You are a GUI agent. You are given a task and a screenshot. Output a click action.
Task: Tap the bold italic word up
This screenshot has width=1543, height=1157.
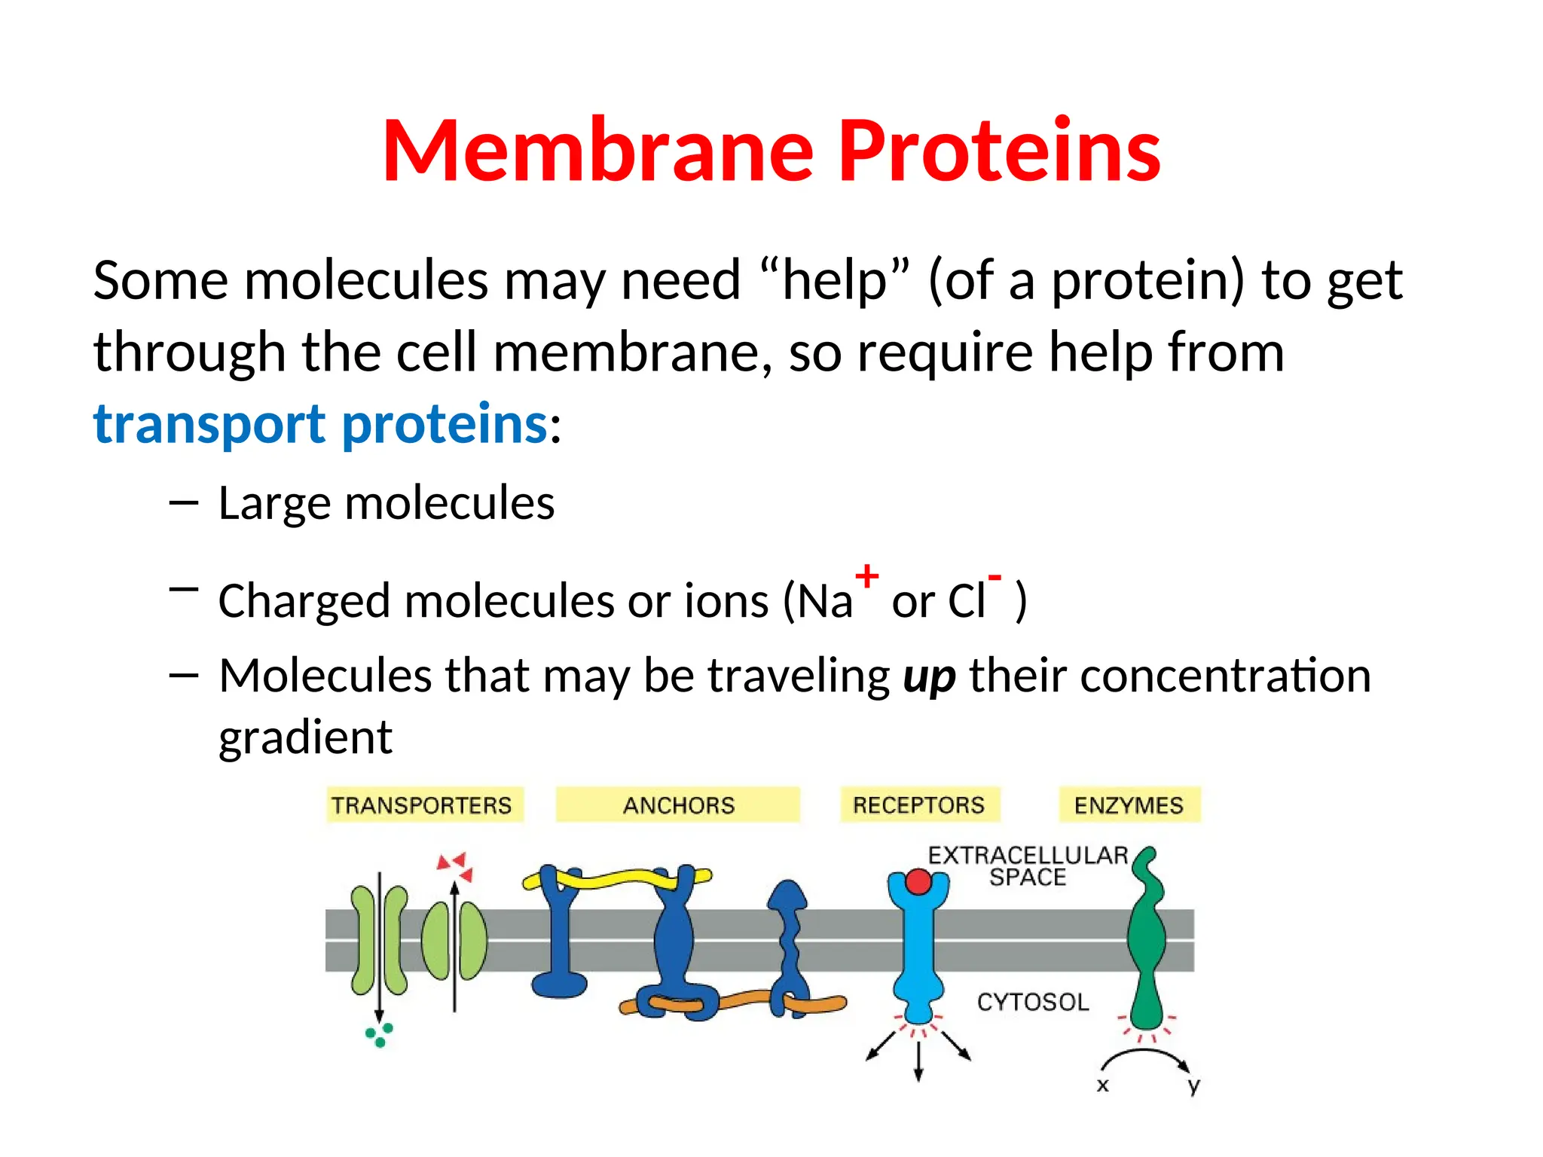point(929,676)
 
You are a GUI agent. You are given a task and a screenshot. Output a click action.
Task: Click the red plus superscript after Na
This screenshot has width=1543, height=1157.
point(866,575)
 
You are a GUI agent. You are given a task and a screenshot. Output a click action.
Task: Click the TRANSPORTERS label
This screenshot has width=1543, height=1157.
point(422,805)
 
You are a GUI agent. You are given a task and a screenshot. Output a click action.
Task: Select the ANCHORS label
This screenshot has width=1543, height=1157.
point(678,805)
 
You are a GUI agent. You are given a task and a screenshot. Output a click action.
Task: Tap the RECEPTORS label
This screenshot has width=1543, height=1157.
point(918,804)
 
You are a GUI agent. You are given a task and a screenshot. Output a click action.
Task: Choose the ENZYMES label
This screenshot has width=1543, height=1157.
point(1129,805)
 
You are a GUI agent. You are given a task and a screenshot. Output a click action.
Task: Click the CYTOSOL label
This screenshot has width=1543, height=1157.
point(1033,1002)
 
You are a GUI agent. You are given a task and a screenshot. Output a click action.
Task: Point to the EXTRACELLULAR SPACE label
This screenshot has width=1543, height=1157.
point(1028,866)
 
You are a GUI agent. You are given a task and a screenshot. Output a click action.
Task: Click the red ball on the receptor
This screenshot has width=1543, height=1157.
point(918,881)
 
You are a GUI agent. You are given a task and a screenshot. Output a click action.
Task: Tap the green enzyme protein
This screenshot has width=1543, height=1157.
point(1146,942)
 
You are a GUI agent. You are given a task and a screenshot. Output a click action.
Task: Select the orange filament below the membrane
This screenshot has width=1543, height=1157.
point(742,1000)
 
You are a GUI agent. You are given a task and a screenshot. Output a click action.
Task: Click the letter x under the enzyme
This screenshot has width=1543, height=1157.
point(1102,1085)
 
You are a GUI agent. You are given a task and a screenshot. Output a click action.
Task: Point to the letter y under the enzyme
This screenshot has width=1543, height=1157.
point(1193,1085)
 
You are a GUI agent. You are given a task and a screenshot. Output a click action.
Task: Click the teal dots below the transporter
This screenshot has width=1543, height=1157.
point(379,1034)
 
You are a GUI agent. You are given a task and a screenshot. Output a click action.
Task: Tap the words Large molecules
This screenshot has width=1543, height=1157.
point(386,503)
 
